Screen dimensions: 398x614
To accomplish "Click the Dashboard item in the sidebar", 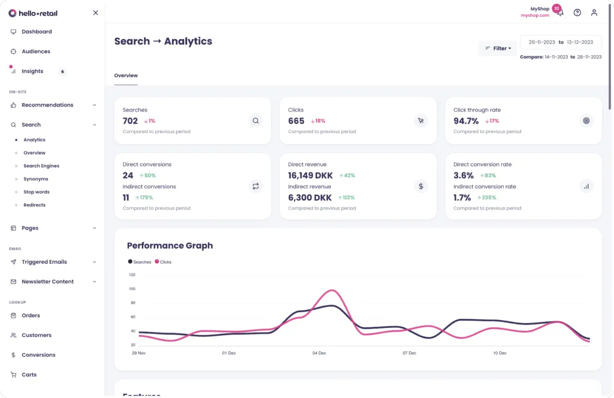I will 36,32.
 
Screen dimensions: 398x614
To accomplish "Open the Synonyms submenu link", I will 35,179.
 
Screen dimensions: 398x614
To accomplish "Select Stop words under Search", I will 36,192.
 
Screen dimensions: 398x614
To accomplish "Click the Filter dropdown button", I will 498,49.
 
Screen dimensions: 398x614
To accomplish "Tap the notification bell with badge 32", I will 559,12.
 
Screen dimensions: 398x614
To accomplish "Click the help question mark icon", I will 577,13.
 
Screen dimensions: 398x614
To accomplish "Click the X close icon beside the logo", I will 95,13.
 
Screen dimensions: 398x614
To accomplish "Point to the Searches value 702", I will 130,121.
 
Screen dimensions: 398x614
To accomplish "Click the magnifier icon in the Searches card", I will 255,121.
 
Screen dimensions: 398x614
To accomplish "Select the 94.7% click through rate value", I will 466,121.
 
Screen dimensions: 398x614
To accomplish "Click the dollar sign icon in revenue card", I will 421,186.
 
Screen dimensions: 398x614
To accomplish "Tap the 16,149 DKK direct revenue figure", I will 310,176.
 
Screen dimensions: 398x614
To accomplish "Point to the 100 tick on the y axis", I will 132,289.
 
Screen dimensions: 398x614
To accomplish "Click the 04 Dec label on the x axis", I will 318,353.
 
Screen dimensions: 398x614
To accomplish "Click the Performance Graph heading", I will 170,246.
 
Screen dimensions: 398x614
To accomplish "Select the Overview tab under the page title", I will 126,76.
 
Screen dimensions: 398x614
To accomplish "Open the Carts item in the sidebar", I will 29,375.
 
